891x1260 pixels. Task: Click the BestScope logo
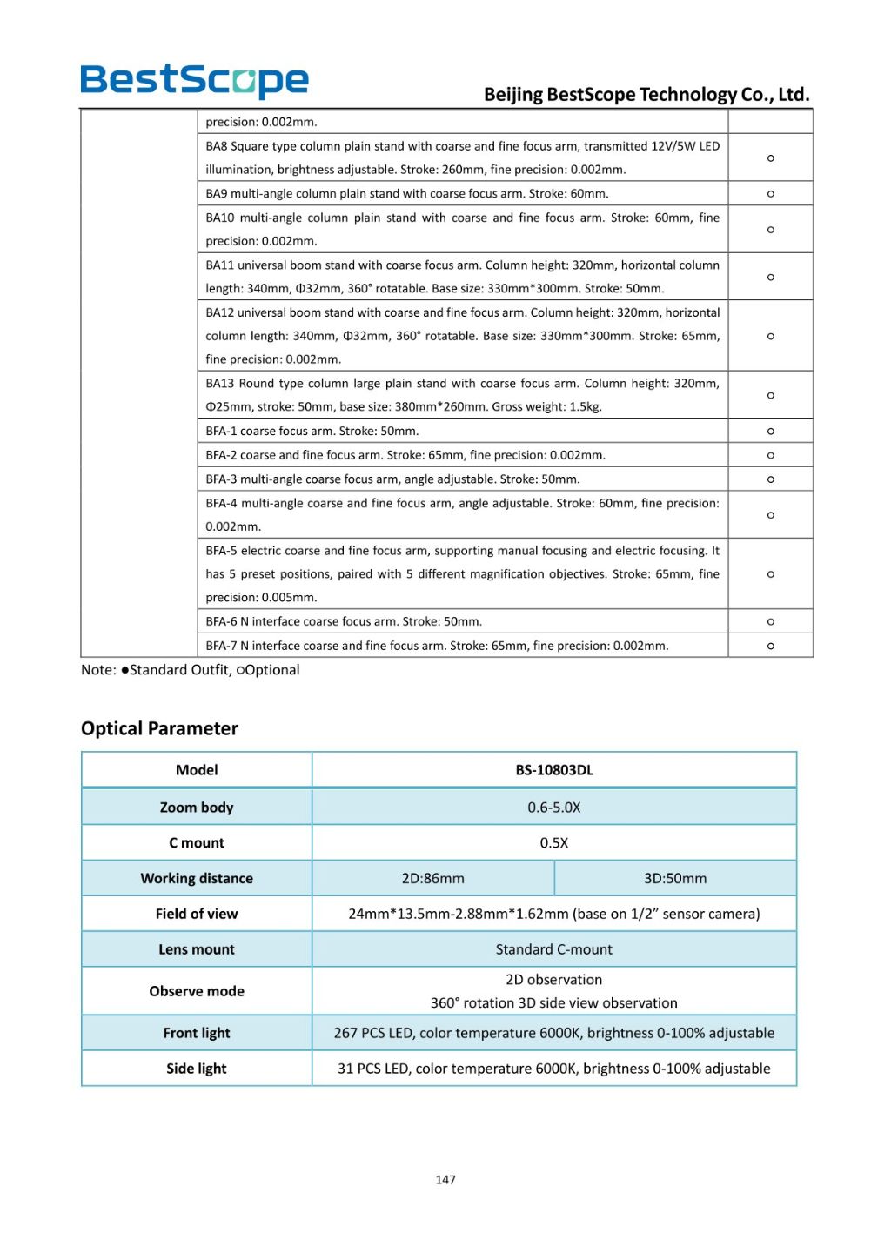click(x=194, y=81)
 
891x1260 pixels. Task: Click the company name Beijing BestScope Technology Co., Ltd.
click(x=646, y=94)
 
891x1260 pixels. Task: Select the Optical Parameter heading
click(x=159, y=728)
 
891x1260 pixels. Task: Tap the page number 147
click(x=445, y=1179)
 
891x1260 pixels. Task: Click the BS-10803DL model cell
click(x=554, y=770)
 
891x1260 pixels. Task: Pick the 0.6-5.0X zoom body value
click(x=554, y=808)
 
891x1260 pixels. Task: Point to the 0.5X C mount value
click(x=554, y=843)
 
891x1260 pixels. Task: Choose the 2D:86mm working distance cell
click(x=432, y=879)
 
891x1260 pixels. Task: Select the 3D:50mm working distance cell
click(x=675, y=879)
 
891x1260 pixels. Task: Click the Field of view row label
click(x=197, y=914)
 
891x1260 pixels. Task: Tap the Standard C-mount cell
click(x=554, y=949)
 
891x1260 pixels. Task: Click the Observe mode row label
click(x=197, y=991)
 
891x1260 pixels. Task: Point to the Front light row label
click(x=197, y=1033)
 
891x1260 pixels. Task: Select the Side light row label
click(x=197, y=1069)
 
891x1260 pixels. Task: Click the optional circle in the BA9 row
click(x=771, y=194)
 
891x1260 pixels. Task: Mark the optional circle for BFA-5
click(x=771, y=574)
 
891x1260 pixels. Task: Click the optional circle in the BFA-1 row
click(x=771, y=432)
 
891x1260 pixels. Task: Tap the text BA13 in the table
click(x=220, y=384)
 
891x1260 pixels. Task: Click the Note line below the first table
click(x=191, y=670)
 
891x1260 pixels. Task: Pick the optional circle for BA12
click(x=771, y=336)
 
